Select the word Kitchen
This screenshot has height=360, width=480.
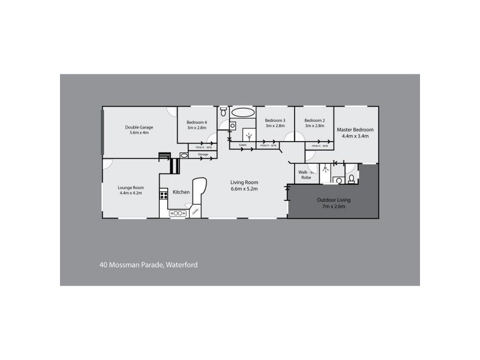coord(181,192)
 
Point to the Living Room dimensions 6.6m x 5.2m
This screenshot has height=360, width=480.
coord(245,189)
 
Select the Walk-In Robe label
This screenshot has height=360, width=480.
coord(305,175)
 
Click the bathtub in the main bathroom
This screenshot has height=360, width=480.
coord(242,112)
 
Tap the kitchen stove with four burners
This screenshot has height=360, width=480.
coord(163,194)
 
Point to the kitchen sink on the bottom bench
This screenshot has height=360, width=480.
coord(178,212)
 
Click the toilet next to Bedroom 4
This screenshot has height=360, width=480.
coord(223,112)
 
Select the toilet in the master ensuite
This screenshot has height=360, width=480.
coord(339,180)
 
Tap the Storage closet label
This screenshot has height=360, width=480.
coord(203,155)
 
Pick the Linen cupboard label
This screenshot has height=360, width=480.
coord(242,145)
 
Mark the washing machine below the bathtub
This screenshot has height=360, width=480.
coord(234,125)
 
